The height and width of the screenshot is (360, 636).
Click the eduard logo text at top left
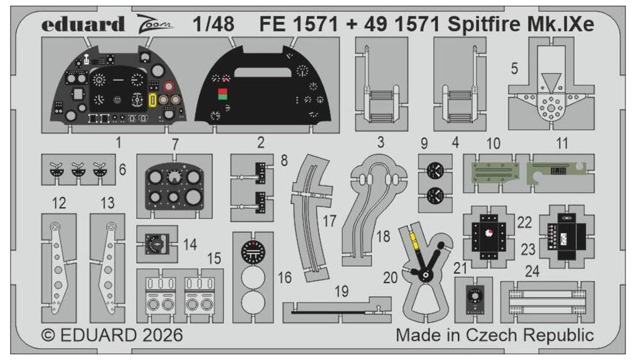coord(84,25)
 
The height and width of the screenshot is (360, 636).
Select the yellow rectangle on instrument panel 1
coord(153,100)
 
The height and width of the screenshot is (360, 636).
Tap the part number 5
coord(514,69)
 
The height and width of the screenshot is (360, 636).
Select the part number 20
coord(391,277)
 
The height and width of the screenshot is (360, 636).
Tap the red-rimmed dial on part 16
coord(253,251)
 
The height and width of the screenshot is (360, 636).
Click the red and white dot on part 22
coord(488,233)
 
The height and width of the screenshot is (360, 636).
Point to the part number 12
coord(59,202)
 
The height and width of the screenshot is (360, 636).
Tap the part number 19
coord(340,291)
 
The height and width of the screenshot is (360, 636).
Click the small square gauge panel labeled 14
coord(157,244)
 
